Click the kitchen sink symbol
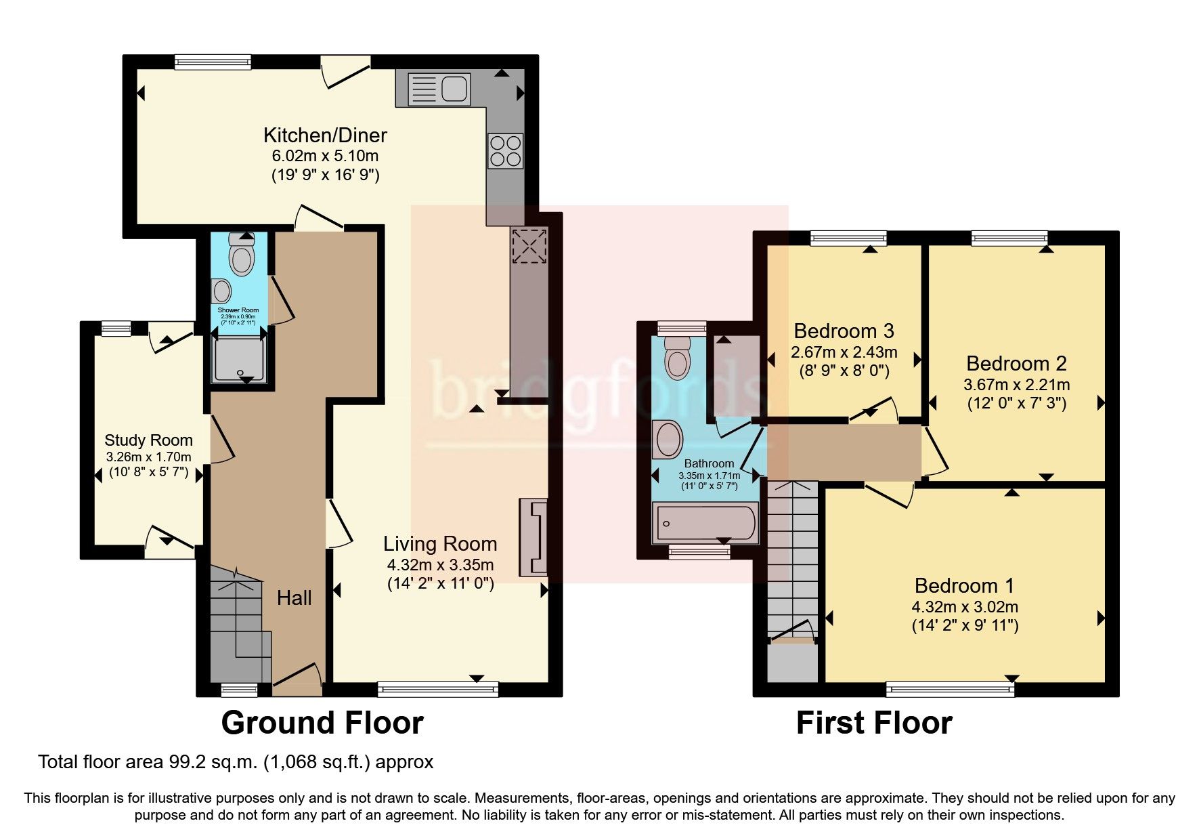point(439,89)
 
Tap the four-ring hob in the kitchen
point(506,151)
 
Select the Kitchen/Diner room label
point(325,135)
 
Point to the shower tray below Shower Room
point(238,359)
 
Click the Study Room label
point(148,440)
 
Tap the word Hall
point(295,597)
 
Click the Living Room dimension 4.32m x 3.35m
point(440,565)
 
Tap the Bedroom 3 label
point(844,331)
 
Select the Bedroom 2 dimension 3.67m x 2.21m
point(1016,385)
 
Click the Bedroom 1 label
point(965,585)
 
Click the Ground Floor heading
point(322,723)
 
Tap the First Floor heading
point(874,723)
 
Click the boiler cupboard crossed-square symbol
point(529,246)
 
